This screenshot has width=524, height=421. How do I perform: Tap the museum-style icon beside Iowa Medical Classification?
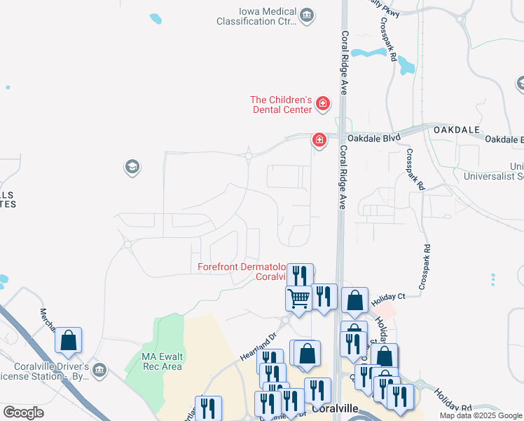306,15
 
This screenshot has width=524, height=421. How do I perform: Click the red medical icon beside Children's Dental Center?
323,105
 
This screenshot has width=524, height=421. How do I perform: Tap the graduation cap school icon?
131,167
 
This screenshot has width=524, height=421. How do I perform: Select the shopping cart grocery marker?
299,298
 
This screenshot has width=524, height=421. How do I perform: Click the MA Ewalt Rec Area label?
162,361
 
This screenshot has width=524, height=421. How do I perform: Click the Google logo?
23,413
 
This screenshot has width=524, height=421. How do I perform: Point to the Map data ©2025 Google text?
481,415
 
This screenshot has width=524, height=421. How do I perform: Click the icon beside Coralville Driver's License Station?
99,369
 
